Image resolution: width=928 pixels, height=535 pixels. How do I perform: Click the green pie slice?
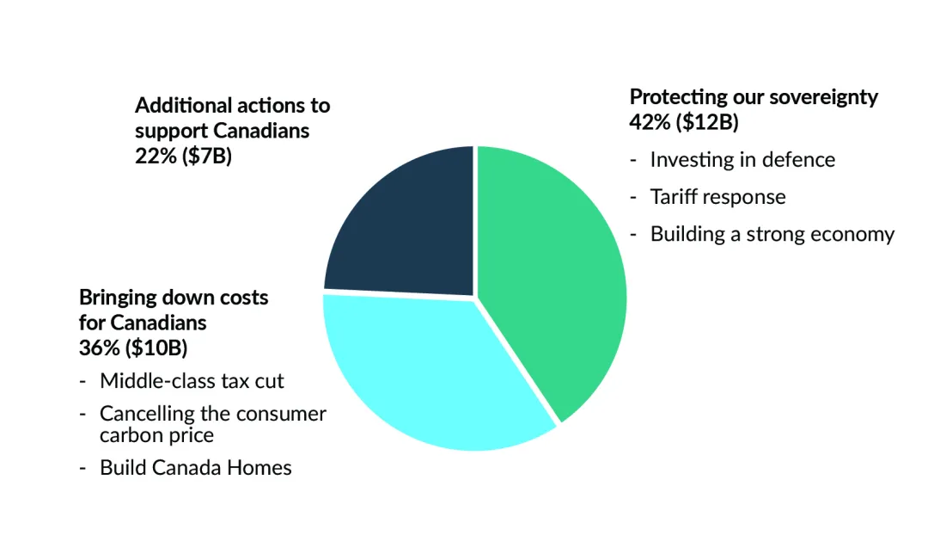point(550,275)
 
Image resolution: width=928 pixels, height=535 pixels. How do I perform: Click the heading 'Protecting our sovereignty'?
point(754,96)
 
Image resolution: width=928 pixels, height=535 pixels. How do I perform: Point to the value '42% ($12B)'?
point(684,122)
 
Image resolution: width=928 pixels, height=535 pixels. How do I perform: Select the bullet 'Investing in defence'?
point(742,160)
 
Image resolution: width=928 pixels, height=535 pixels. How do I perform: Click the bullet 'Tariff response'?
point(717,197)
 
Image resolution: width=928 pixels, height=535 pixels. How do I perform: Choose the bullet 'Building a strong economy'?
point(772,234)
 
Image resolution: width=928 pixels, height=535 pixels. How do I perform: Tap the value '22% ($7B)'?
point(183,157)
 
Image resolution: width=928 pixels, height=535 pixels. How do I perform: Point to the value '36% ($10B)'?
point(133,348)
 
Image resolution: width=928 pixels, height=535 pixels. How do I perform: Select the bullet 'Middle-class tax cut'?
point(192,380)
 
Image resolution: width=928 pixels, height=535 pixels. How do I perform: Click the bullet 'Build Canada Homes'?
point(195,468)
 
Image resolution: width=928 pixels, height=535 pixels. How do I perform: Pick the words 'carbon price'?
point(156,435)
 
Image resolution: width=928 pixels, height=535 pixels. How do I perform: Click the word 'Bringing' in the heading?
point(115,298)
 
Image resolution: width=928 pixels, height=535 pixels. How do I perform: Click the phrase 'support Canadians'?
point(222,132)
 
